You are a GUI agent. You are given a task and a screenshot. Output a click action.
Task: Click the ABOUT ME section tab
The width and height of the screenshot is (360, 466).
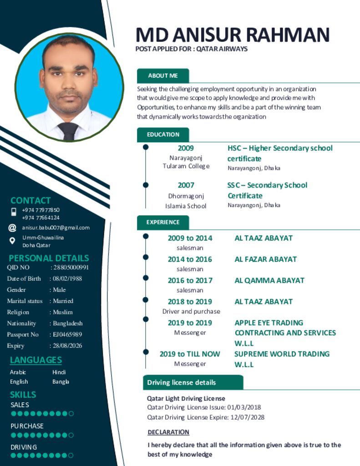pos(162,76)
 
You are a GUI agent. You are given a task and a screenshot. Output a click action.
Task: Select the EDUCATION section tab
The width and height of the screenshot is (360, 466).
pos(163,134)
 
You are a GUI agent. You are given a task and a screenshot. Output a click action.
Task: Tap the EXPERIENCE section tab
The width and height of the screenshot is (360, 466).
pos(163,222)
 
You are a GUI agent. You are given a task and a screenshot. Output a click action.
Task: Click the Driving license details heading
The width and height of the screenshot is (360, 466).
pos(181,382)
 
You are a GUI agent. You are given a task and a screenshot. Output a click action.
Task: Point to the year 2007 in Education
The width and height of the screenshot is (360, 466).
pos(186,185)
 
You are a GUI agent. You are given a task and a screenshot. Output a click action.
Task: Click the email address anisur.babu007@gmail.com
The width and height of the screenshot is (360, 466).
pos(56,228)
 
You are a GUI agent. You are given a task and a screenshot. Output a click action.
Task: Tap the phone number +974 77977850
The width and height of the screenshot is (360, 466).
pos(41,210)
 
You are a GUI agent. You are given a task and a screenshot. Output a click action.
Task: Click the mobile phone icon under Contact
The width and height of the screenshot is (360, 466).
pos(14,212)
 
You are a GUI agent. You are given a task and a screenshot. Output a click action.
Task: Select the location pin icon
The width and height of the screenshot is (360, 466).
pos(12,241)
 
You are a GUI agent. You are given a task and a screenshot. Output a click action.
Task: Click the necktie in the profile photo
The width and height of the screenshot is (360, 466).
pos(68,131)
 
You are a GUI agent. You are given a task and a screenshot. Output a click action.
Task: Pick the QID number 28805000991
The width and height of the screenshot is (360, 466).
pos(71,268)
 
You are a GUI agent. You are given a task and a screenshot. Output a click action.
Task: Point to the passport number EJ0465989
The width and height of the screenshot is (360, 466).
pos(67,334)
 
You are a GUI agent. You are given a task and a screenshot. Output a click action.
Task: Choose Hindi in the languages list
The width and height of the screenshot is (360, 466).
pos(59,372)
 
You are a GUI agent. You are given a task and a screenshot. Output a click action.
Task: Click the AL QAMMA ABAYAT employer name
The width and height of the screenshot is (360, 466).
pos(269,280)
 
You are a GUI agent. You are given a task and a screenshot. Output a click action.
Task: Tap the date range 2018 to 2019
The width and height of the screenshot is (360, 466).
pos(190,302)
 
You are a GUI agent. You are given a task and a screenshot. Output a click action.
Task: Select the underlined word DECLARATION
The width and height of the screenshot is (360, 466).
pos(168,432)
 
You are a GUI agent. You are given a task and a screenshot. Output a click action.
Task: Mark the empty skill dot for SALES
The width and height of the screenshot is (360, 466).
pos(71,414)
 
